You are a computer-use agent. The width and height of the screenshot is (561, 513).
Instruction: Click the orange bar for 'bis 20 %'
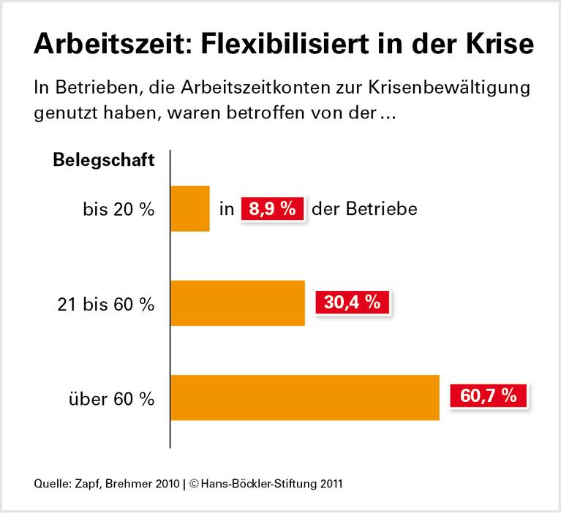[x=190, y=209]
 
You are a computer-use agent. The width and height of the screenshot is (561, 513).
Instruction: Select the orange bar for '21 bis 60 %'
[x=238, y=303]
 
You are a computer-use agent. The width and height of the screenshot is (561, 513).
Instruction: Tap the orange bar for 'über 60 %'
[x=305, y=398]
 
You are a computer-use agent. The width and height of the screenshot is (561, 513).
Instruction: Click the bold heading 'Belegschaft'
[x=104, y=161]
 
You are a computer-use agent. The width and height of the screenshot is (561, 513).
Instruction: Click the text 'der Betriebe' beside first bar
[x=364, y=210]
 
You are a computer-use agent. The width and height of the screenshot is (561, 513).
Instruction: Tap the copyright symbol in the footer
[x=193, y=483]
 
